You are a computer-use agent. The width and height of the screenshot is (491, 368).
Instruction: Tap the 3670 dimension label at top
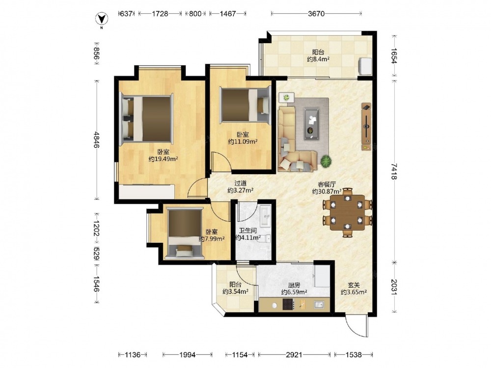[316, 14]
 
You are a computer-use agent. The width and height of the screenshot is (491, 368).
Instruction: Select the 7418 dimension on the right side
[394, 171]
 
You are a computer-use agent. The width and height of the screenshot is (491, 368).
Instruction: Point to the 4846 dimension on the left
[97, 140]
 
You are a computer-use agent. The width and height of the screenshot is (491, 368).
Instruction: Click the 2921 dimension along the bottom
[294, 355]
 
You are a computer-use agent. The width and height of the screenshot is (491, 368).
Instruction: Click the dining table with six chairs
[347, 212]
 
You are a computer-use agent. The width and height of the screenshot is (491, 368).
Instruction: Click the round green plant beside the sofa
[326, 161]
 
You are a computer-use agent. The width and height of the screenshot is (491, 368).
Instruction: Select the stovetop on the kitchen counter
[288, 304]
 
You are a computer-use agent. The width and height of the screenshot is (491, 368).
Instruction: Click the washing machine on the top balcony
[364, 66]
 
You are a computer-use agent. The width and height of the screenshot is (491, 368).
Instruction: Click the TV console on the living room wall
[366, 127]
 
